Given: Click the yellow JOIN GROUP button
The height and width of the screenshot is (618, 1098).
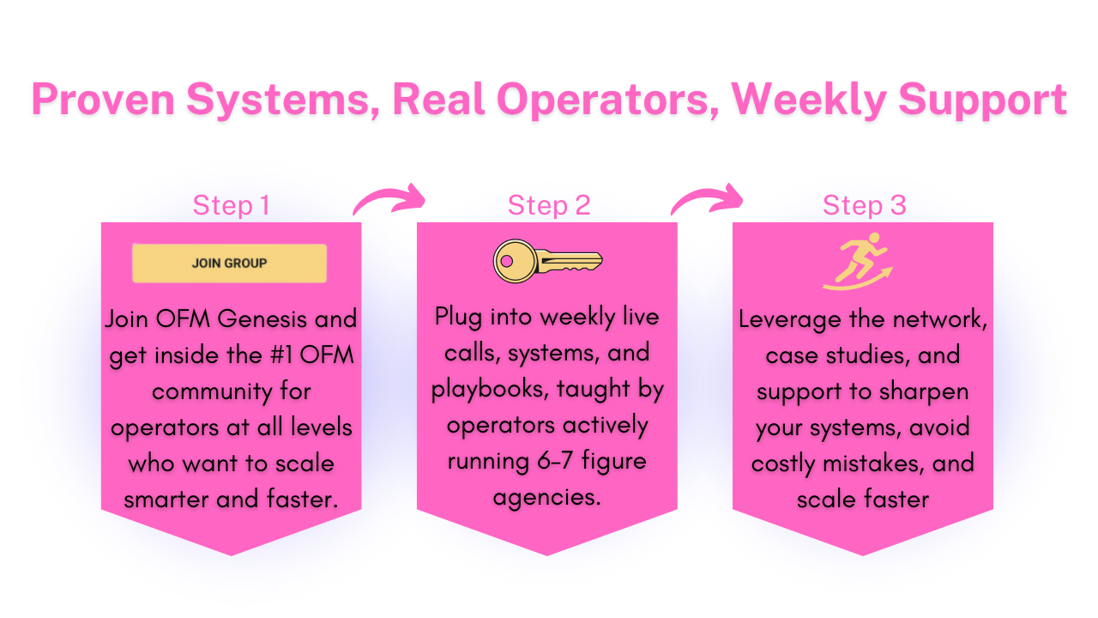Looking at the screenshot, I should pos(229,264).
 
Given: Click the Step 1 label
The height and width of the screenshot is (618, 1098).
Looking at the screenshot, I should pos(232,205).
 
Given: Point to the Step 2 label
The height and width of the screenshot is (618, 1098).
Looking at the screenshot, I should pos(549,205).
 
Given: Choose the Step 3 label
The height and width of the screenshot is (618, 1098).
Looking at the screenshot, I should pos(864,205).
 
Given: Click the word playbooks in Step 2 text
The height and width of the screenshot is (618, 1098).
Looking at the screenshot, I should pos(488,389).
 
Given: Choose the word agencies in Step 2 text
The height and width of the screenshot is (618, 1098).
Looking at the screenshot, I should pos(546,497).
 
